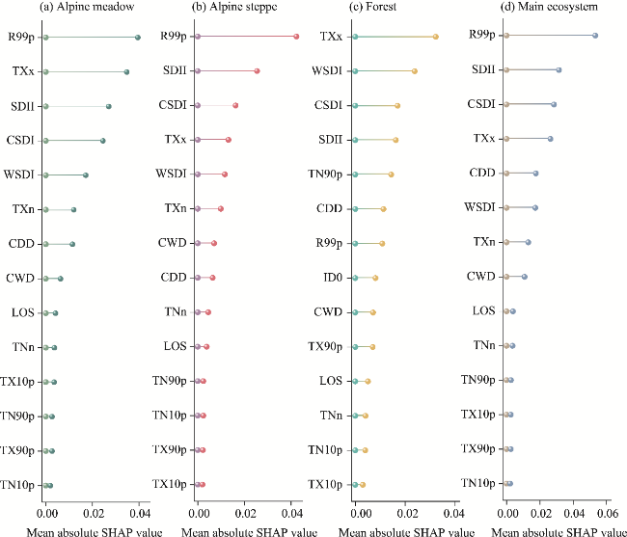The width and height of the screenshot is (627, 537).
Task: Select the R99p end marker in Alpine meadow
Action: click(138, 37)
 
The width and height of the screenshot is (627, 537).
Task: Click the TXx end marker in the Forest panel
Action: click(436, 37)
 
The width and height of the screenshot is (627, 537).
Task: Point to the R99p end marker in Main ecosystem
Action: click(595, 35)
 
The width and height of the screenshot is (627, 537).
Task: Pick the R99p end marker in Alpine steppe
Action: click(296, 37)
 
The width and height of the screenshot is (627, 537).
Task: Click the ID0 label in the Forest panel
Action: click(331, 278)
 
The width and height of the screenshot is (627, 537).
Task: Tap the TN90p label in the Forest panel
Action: click(326, 174)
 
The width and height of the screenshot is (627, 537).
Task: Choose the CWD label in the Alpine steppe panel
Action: click(174, 243)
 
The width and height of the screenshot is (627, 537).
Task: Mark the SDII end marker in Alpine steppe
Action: click(258, 71)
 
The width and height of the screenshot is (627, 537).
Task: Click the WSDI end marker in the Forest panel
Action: click(415, 71)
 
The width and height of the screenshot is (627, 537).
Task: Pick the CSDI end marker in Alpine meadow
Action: click(103, 141)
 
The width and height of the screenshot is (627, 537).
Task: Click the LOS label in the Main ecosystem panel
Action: click(484, 310)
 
